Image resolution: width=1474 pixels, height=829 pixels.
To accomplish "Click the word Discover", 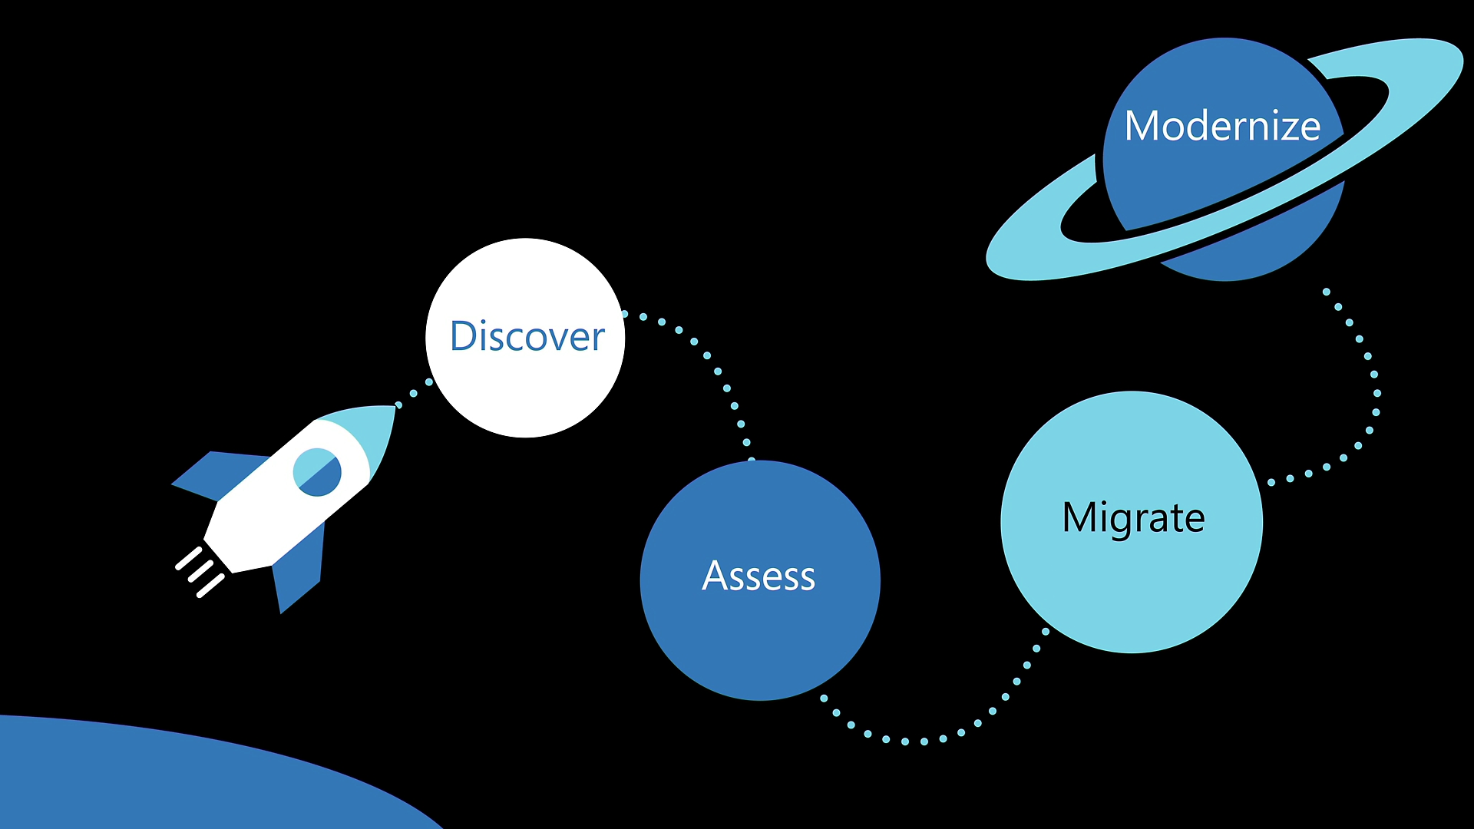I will tap(527, 336).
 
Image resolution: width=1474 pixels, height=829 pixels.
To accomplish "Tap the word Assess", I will tap(758, 576).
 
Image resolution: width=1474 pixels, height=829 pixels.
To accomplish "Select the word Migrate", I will tap(1133, 517).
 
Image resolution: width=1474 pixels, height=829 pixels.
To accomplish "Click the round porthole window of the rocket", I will tap(317, 472).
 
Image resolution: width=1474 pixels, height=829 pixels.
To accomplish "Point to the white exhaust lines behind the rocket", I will tap(200, 572).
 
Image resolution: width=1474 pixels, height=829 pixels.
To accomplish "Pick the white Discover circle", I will tap(525, 391).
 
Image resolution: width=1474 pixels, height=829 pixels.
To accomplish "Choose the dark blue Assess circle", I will tap(760, 645).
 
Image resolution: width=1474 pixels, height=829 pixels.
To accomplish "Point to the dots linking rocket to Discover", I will tap(414, 393).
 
